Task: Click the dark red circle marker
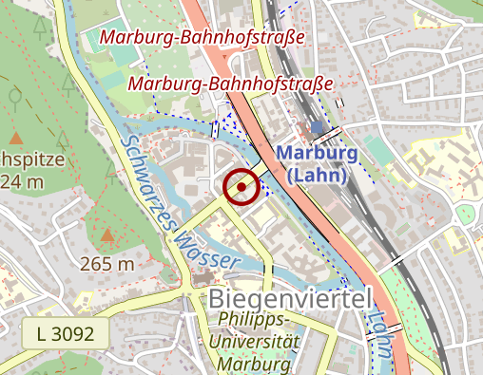(241, 187)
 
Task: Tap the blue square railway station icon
(317, 126)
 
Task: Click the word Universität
(254, 342)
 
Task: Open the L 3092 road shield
(66, 333)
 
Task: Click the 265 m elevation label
(107, 264)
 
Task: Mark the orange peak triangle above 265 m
(107, 234)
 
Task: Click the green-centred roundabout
(466, 215)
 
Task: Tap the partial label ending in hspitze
(32, 159)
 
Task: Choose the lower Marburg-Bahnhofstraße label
(231, 84)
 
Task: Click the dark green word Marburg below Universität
(253, 364)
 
